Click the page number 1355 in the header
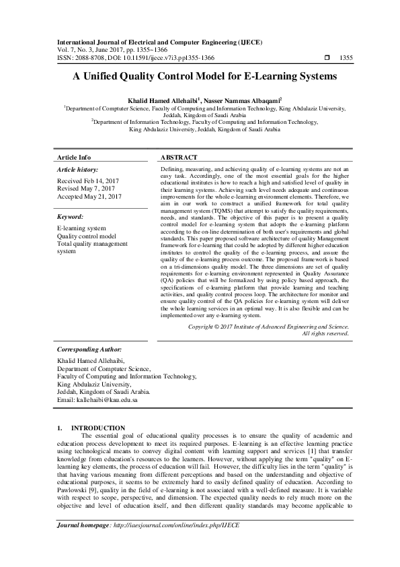click(346, 57)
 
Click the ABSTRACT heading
click(179, 157)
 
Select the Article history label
click(78, 170)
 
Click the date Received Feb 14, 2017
click(89, 182)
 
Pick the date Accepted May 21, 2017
click(89, 197)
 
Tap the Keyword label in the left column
click(71, 218)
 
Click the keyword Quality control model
click(87, 236)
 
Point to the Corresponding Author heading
click(89, 350)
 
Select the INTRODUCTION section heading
click(98, 428)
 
